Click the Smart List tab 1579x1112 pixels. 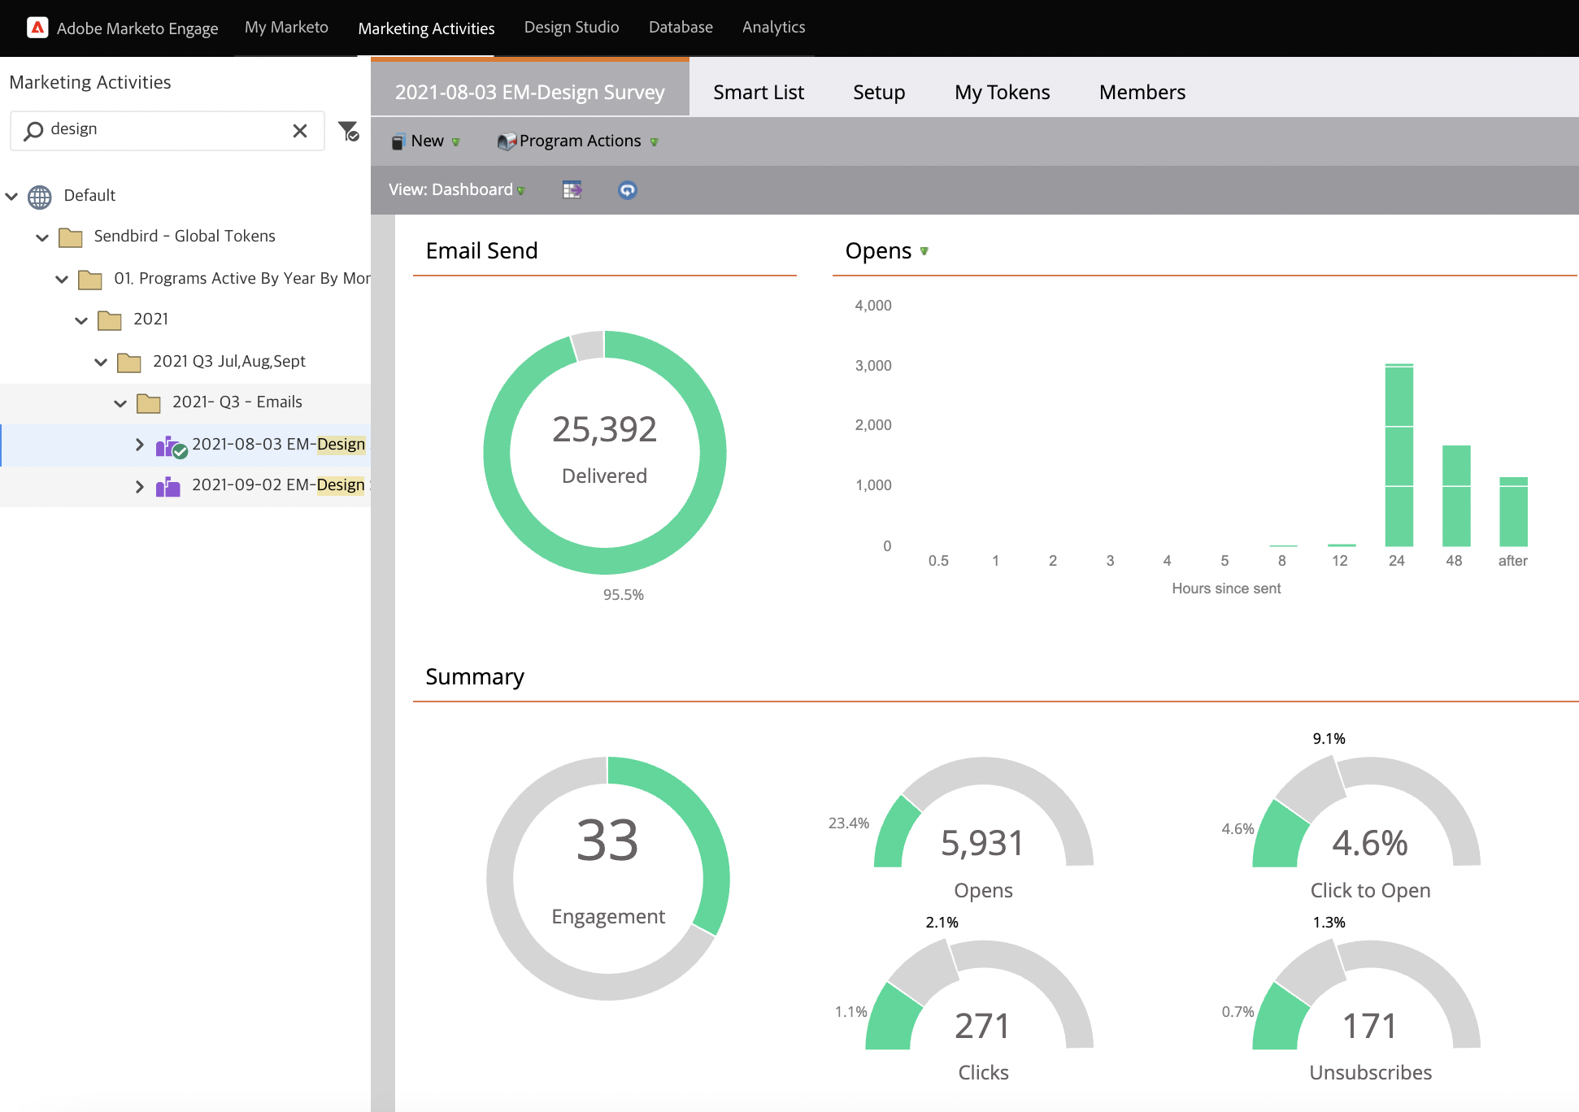758,93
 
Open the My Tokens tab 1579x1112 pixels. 1002,93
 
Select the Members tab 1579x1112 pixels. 1142,93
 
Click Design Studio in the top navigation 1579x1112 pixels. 571,28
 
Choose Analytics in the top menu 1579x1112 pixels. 773,28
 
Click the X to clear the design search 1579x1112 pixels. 300,131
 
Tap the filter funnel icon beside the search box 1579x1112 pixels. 348,131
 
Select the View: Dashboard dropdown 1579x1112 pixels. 456,190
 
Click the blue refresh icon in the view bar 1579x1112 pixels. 627,190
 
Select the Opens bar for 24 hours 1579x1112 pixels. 1398,455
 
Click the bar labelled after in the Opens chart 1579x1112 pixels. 1513,512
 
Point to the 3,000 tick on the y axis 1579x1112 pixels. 873,366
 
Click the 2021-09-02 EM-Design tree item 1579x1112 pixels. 277,485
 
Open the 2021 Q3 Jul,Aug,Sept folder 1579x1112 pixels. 228,362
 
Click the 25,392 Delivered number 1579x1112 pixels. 604,429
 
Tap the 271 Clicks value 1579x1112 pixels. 982,1026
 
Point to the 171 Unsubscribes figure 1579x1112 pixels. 1369,1026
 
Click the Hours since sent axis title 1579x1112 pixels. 1225,589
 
